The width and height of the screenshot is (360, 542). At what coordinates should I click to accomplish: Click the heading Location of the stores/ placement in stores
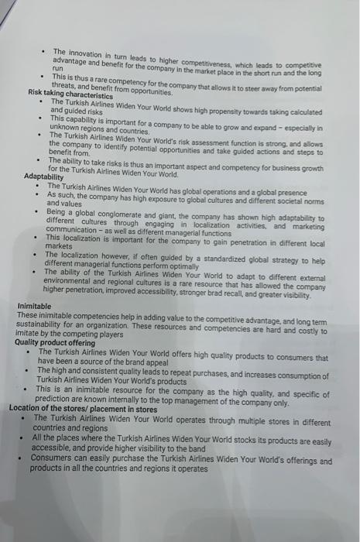pos(77,408)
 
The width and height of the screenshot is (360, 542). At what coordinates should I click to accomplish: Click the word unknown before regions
pos(65,130)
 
